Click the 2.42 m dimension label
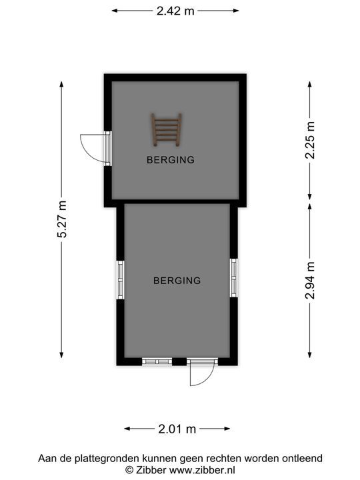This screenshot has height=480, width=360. pos(175,11)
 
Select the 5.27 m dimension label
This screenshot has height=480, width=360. pos(62,219)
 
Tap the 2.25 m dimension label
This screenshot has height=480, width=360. pos(310,140)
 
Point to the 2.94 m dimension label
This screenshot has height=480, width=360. pos(310,280)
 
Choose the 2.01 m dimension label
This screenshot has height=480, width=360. pos(177,429)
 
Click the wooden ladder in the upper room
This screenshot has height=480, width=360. pos(166,129)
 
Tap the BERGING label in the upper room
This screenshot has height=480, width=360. pos(171,160)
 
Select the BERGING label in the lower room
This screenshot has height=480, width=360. pos(177,281)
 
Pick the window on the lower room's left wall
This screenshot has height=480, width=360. pos(121,280)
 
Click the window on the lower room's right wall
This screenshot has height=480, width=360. pos(233,277)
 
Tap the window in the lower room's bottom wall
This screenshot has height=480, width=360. pos(157,361)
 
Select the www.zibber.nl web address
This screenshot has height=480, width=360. pos(202,470)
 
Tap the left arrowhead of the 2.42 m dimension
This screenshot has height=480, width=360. pos(114,11)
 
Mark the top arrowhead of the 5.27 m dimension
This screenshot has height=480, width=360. pos(61,84)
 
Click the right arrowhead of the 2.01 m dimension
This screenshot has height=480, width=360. pos(227,429)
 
